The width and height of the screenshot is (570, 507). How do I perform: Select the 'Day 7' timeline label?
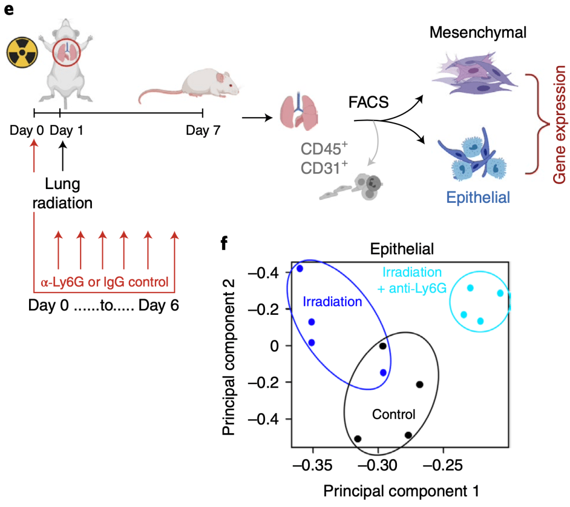[203, 130]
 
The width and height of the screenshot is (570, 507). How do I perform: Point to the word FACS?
[368, 101]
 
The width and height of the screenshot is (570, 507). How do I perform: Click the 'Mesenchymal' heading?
[478, 33]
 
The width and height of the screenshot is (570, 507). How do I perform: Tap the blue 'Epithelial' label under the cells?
[478, 198]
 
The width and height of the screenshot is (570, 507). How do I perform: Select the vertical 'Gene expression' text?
[558, 125]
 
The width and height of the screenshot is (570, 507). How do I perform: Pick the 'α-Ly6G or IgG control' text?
[104, 283]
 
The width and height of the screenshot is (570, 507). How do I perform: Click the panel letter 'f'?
[225, 244]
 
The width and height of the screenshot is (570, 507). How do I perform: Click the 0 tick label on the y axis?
[273, 345]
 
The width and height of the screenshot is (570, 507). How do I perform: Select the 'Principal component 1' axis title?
[401, 491]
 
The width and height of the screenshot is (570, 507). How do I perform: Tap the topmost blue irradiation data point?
[300, 268]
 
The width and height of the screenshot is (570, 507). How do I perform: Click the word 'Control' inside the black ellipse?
[393, 414]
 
